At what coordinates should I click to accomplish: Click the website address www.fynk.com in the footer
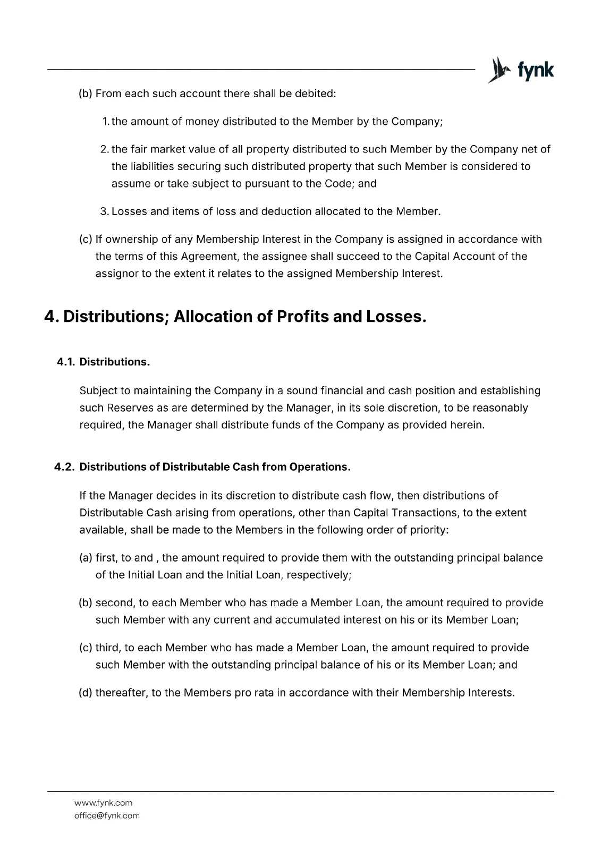tap(103, 803)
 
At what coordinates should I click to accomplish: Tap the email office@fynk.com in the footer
tap(107, 815)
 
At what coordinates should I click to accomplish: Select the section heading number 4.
tap(50, 317)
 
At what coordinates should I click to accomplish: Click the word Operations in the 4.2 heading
tap(319, 467)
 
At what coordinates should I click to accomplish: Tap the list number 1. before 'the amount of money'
tap(105, 122)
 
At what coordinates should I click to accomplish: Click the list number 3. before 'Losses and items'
tap(105, 211)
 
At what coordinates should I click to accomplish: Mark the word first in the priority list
tap(106, 558)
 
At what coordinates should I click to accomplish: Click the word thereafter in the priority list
tap(120, 693)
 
